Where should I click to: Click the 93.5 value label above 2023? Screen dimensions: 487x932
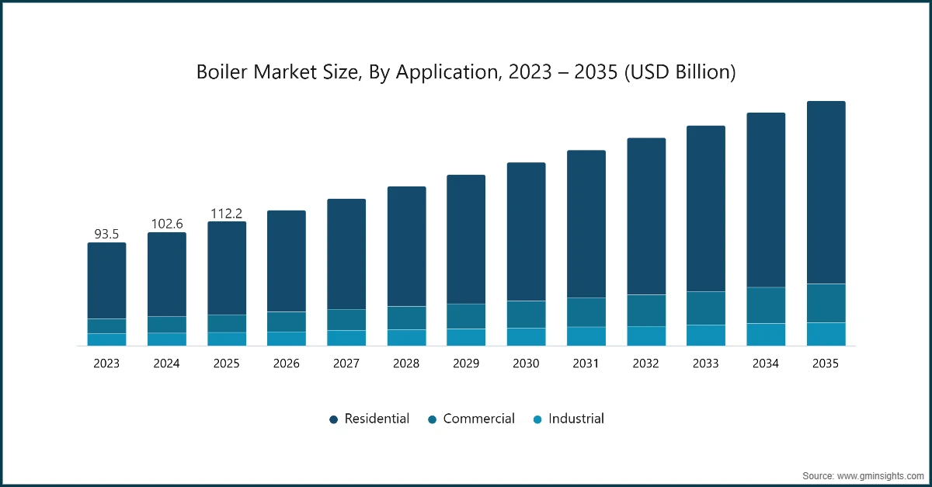pos(106,234)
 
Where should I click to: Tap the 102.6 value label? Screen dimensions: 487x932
pos(166,224)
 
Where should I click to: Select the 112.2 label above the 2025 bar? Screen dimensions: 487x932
pos(227,213)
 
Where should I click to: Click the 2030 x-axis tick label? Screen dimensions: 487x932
pos(526,364)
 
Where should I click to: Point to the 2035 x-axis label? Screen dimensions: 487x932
pos(826,364)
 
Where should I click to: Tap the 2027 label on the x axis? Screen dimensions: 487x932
pos(346,364)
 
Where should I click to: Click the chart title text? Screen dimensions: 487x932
pos(466,73)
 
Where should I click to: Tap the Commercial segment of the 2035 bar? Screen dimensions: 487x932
pos(826,303)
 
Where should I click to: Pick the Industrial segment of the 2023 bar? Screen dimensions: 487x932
pos(106,339)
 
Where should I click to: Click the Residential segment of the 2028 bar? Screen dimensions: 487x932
pos(406,246)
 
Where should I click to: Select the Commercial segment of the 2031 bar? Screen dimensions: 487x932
pos(586,312)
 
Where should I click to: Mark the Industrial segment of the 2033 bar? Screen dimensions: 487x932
pos(705,335)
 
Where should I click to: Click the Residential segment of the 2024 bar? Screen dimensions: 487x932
pos(166,274)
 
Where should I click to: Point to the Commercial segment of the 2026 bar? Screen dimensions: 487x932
pos(287,322)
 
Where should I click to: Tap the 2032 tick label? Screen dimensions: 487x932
pos(646,364)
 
